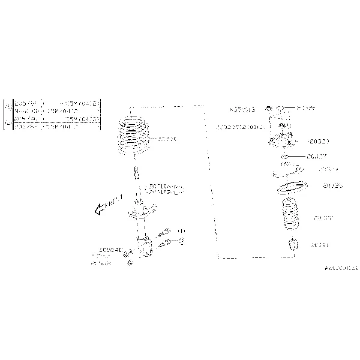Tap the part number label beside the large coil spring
coord(167,139)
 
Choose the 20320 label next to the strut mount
coord(318,142)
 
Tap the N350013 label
coord(242,110)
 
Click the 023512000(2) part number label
coord(240,127)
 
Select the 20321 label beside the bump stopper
coord(320,245)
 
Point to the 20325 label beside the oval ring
coord(332,186)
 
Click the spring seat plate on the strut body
coord(142,211)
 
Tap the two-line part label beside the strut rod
coord(164,190)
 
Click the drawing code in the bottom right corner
coord(341,268)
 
